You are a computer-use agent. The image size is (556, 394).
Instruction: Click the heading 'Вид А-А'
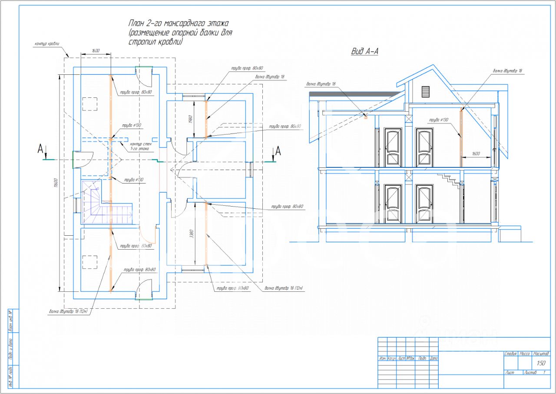(365, 52)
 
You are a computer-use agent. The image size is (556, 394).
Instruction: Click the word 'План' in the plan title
(136, 23)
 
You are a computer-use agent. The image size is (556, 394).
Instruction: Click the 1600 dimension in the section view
(476, 154)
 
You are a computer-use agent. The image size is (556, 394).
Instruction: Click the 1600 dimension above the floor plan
(96, 51)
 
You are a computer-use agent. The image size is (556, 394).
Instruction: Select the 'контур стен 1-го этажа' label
(139, 146)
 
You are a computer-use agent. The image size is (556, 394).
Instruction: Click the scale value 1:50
(541, 364)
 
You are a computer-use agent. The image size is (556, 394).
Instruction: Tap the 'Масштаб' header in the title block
(541, 354)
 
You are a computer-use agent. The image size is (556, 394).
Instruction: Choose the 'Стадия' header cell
(511, 354)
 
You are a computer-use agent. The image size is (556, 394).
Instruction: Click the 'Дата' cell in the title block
(434, 359)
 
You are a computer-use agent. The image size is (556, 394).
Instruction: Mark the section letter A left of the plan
(40, 150)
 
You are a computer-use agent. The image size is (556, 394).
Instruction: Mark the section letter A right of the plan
(278, 151)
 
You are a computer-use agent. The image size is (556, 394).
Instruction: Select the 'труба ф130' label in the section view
(438, 120)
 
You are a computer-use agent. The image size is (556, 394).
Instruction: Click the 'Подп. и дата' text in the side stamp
(11, 349)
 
